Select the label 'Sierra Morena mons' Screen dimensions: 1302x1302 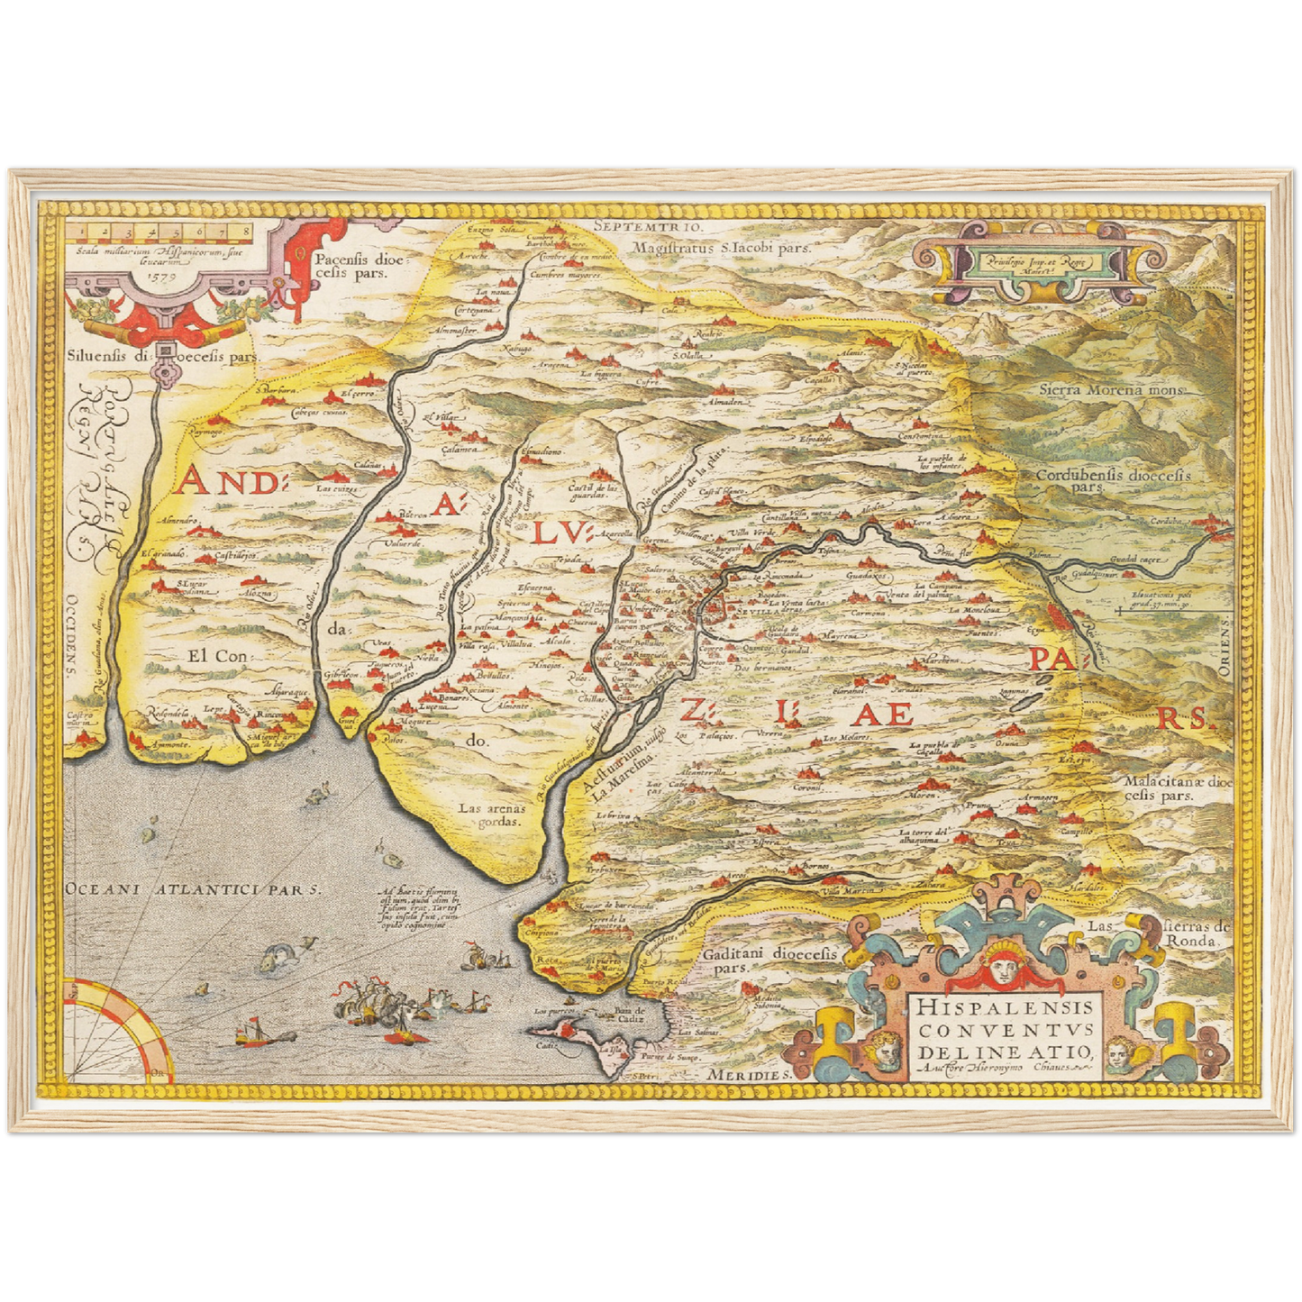(x=1111, y=390)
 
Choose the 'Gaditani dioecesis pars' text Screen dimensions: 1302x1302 (x=769, y=960)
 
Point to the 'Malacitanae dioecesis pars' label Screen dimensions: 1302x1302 (x=1176, y=788)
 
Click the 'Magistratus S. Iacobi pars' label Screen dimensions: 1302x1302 (x=721, y=247)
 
